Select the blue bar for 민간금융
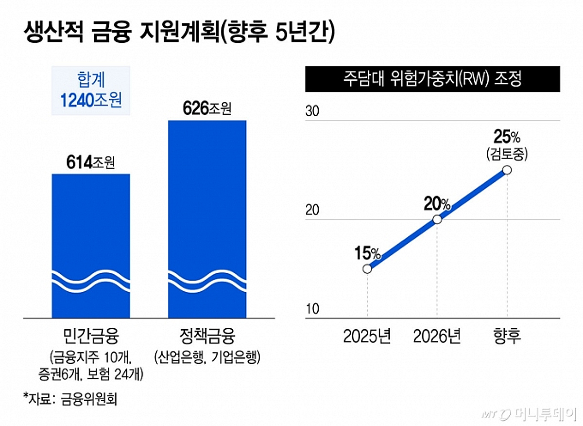point(91,243)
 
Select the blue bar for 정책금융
point(207,219)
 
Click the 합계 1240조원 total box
point(91,90)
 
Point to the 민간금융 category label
point(91,337)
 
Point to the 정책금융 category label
point(207,337)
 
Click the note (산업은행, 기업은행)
point(207,358)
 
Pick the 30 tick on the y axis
point(311,111)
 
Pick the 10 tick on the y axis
point(311,310)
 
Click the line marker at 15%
point(367,268)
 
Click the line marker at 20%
point(437,219)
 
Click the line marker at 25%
point(507,170)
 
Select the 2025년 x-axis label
point(367,337)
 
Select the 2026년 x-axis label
point(437,337)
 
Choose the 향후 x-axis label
point(507,337)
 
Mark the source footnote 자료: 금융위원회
point(70,399)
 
